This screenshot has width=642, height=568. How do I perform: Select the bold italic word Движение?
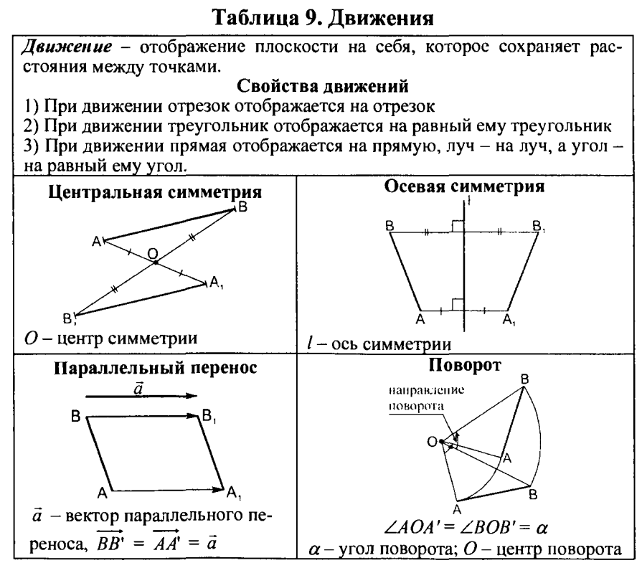65,49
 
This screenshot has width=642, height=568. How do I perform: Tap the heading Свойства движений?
322,87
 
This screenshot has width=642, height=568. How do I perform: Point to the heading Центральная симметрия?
154,192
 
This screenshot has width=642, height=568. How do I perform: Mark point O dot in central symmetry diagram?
156,262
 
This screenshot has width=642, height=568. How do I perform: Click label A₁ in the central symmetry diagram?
217,283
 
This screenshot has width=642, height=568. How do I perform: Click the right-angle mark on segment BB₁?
455,227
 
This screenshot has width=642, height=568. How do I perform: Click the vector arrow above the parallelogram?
141,395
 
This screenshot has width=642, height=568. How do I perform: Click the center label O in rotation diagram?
431,442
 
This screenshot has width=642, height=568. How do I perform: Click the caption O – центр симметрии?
108,338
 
